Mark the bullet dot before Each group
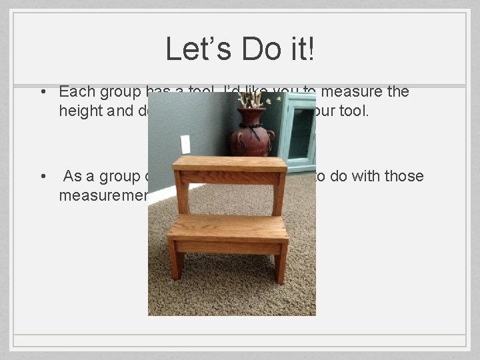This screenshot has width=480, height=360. pyautogui.click(x=41, y=92)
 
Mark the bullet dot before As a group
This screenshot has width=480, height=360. pyautogui.click(x=41, y=177)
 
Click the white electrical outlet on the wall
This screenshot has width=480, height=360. pyautogui.click(x=185, y=144)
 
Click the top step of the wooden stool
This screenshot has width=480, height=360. pyautogui.click(x=229, y=164)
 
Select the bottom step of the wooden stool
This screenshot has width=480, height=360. pyautogui.click(x=228, y=227)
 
